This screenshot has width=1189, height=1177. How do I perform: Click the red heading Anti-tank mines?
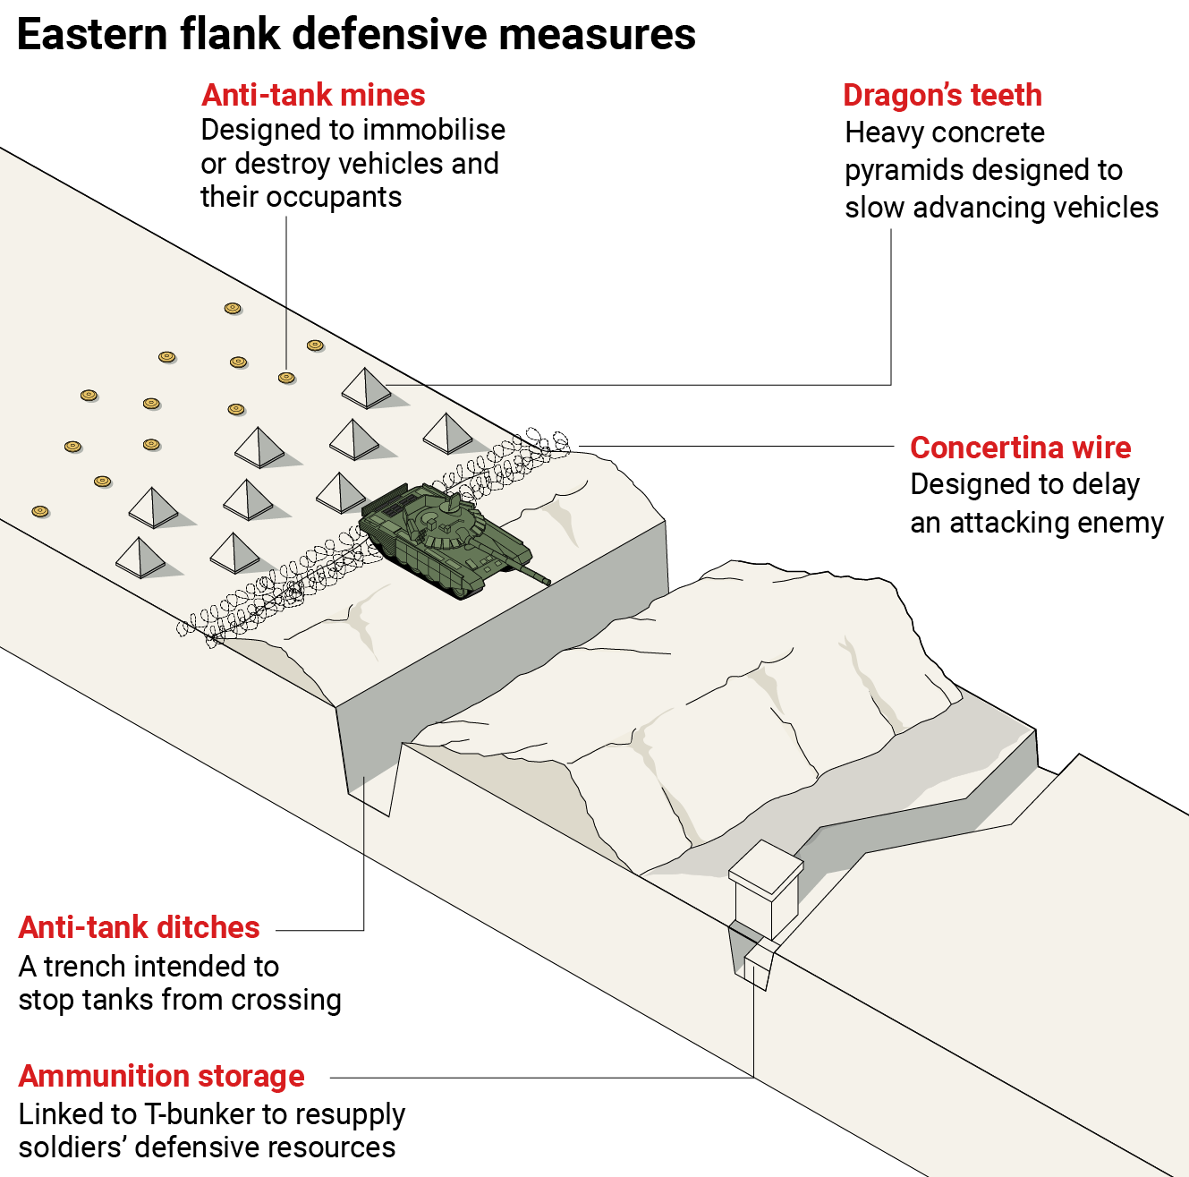click(x=313, y=95)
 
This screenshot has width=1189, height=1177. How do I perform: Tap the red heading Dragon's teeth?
click(x=942, y=95)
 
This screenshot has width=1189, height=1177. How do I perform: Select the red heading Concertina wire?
click(x=1020, y=448)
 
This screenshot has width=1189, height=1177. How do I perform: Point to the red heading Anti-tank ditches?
click(x=139, y=927)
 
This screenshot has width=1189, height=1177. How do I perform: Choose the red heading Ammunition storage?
click(x=161, y=1076)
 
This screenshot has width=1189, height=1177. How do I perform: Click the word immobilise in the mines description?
click(x=433, y=131)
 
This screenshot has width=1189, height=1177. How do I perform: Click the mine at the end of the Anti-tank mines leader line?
click(x=286, y=378)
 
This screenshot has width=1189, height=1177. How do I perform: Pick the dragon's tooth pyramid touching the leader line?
click(x=366, y=387)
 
